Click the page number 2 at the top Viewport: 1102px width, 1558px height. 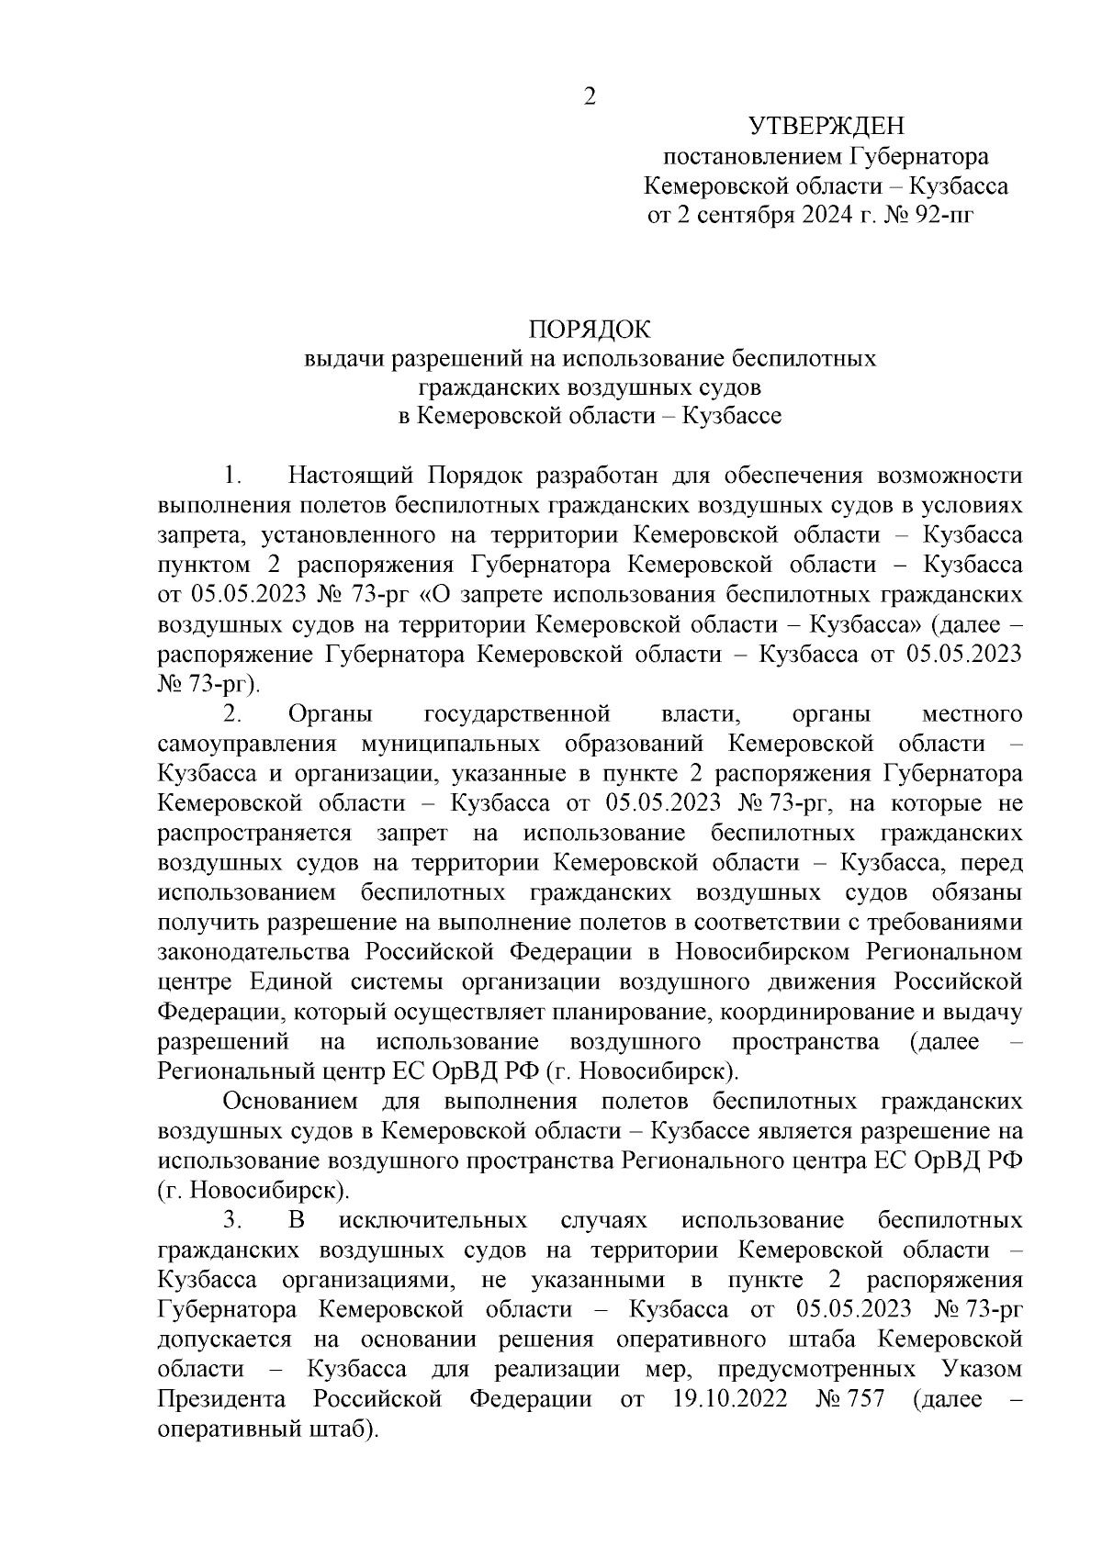point(590,96)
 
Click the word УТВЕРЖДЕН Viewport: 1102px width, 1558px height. point(826,126)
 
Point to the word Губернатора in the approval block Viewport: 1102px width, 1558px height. point(919,156)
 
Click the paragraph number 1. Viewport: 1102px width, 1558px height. point(232,476)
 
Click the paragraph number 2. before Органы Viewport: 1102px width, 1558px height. point(232,713)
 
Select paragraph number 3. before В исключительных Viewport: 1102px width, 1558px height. point(232,1220)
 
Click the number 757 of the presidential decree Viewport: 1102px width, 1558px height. point(867,1399)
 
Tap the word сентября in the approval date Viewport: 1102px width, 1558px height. point(737,216)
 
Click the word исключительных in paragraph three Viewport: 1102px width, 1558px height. point(433,1220)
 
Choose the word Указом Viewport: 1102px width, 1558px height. point(983,1369)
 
